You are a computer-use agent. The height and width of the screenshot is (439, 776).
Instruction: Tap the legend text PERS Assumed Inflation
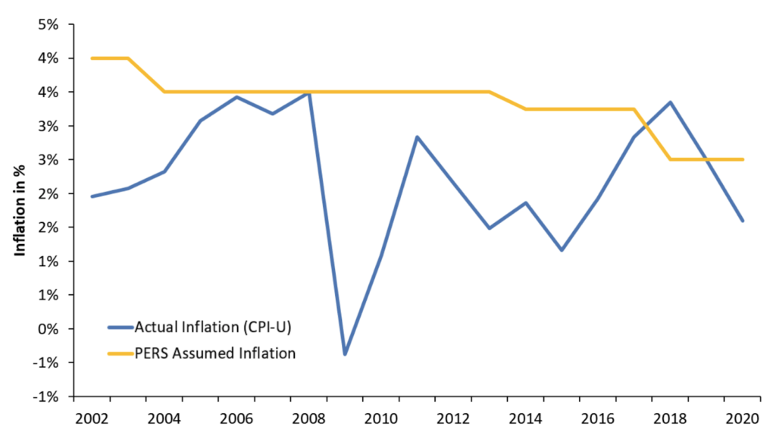click(x=214, y=353)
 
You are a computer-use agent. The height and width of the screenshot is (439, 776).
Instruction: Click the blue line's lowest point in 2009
click(x=346, y=354)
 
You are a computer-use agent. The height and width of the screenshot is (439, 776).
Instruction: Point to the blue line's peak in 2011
click(x=418, y=137)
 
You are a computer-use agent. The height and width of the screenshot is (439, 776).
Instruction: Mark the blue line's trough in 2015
click(x=562, y=250)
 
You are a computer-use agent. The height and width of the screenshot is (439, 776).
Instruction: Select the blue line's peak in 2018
click(x=671, y=102)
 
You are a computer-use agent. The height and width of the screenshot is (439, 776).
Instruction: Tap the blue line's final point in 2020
click(x=743, y=221)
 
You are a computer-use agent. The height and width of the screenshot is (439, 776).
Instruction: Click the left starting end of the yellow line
click(x=92, y=58)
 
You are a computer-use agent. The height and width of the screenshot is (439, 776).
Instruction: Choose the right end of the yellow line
click(x=743, y=159)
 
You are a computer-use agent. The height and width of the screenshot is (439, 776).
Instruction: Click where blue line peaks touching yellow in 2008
click(x=308, y=93)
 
